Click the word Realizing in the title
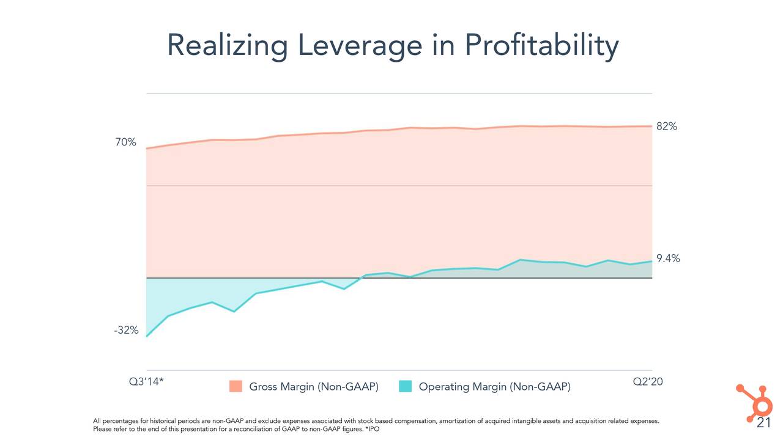pyautogui.click(x=228, y=46)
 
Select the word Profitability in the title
pyautogui.click(x=541, y=46)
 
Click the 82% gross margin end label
pyautogui.click(x=667, y=127)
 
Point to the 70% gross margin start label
pyautogui.click(x=126, y=142)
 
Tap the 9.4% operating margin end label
pyautogui.click(x=668, y=258)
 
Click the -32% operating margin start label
pyautogui.click(x=126, y=331)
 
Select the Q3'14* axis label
pyautogui.click(x=146, y=381)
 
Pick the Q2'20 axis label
pyautogui.click(x=648, y=381)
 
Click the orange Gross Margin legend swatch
pyautogui.click(x=236, y=387)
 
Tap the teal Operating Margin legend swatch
pyautogui.click(x=405, y=387)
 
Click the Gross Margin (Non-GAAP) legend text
pyautogui.click(x=314, y=387)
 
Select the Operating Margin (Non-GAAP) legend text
pyautogui.click(x=494, y=387)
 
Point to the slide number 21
pyautogui.click(x=763, y=424)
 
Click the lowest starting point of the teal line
pyautogui.click(x=147, y=336)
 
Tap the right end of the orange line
pyautogui.click(x=651, y=127)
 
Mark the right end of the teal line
pyautogui.click(x=651, y=262)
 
